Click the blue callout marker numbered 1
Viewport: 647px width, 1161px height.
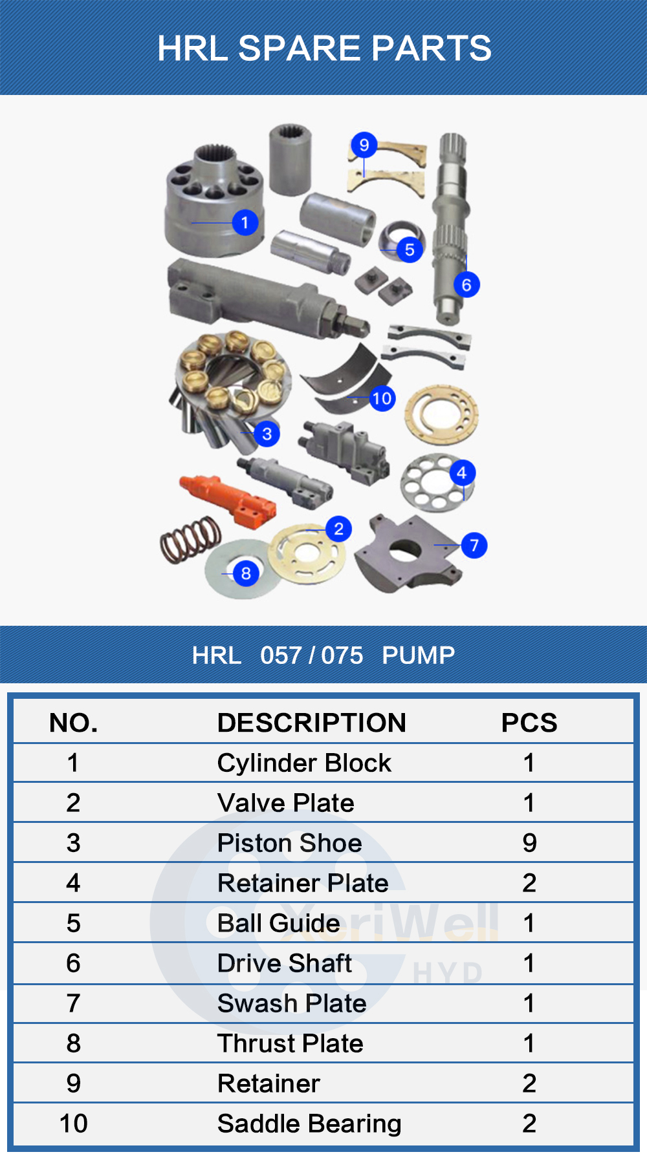coord(245,223)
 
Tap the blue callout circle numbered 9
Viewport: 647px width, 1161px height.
coord(364,145)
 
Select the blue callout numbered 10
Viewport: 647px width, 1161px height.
coord(382,398)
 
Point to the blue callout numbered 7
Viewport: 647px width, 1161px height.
coord(474,545)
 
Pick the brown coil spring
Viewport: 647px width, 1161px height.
coord(190,538)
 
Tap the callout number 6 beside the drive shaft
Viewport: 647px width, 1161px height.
coord(466,284)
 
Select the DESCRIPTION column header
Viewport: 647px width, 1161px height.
coord(311,723)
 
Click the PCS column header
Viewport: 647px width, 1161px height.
coord(529,723)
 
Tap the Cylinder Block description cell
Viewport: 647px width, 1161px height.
coord(304,763)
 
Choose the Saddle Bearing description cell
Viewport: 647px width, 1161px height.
coord(309,1124)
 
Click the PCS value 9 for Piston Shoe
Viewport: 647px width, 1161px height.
coord(529,843)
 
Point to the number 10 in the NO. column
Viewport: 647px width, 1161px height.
coord(73,1124)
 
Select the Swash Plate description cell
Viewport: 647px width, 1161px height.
coord(292,1003)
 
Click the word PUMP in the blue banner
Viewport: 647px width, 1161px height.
coord(418,655)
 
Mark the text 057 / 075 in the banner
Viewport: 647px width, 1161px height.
coord(311,655)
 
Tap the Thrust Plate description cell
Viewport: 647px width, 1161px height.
coord(290,1043)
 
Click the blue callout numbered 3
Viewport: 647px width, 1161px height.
coord(267,433)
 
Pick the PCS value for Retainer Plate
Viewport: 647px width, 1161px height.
coord(529,883)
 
